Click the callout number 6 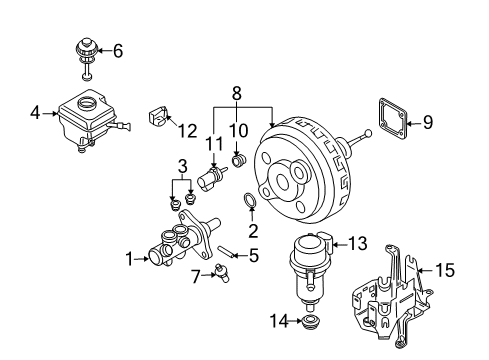point(118,51)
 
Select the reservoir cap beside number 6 point(87,59)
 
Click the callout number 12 point(188,131)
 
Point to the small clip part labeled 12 point(157,116)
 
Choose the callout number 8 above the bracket point(236,94)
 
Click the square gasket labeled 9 point(393,119)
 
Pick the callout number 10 point(239,130)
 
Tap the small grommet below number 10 point(239,161)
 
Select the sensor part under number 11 point(211,178)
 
